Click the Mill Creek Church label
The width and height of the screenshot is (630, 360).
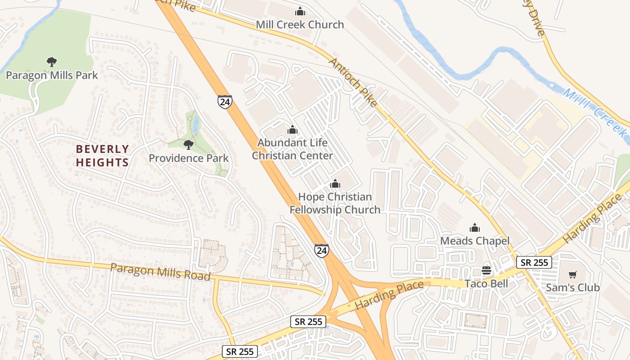point(300,25)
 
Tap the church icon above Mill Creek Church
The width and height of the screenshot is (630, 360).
point(300,11)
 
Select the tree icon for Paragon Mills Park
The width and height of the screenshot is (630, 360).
point(52,62)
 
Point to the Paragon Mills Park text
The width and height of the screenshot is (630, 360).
point(52,75)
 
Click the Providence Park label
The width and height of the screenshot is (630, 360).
point(189,158)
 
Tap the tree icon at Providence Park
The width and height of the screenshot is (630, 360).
point(189,144)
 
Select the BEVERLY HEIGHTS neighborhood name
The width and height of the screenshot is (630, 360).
point(103,156)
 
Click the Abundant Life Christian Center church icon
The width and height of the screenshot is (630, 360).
point(292,130)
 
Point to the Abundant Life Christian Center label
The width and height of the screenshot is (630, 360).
point(292,149)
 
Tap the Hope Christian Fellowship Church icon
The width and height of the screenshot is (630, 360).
point(335,184)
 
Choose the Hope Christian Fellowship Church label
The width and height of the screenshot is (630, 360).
point(335,203)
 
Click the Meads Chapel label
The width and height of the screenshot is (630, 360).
point(475,241)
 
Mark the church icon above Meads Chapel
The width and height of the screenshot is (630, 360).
point(475,228)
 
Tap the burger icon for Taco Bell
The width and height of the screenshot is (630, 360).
point(486,270)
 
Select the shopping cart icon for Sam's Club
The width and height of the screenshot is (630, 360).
point(572,274)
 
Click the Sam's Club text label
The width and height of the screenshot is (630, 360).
point(572,288)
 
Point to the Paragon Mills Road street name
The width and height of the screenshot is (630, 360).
point(160,272)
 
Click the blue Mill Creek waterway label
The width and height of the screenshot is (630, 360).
point(596,113)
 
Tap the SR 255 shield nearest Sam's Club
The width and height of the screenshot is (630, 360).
point(534,262)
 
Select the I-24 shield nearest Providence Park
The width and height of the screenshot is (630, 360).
point(225,102)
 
